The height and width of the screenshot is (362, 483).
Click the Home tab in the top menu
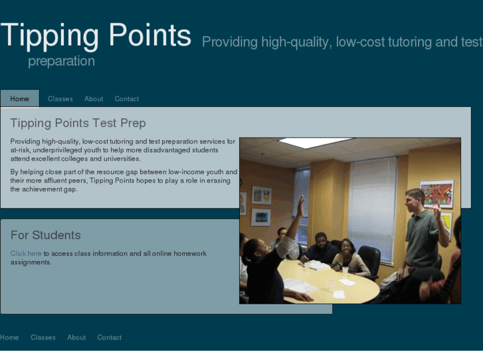pyautogui.click(x=20, y=99)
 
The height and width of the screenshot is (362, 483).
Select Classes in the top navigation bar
pyautogui.click(x=60, y=99)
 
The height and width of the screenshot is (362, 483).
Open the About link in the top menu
pyautogui.click(x=94, y=99)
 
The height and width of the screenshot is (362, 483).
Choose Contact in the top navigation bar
pyautogui.click(x=126, y=99)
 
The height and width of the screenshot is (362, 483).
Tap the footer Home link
pyautogui.click(x=9, y=337)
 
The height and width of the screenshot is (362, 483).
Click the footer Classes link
pyautogui.click(x=43, y=337)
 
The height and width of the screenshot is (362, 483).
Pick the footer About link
pyautogui.click(x=76, y=337)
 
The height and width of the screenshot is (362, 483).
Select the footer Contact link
pyautogui.click(x=110, y=337)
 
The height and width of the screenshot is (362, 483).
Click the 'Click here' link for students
pyautogui.click(x=26, y=254)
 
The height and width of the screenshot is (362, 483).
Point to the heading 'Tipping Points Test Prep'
pyautogui.click(x=78, y=124)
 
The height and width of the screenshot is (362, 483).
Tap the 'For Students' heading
pyautogui.click(x=46, y=235)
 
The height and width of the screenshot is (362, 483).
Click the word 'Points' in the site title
pyautogui.click(x=150, y=35)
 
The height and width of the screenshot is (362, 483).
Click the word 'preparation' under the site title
pyautogui.click(x=61, y=62)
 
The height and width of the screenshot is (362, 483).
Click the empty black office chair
pyautogui.click(x=369, y=260)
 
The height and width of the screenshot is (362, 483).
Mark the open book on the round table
pyautogui.click(x=319, y=265)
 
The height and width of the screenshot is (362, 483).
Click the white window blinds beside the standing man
pyautogui.click(x=372, y=206)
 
